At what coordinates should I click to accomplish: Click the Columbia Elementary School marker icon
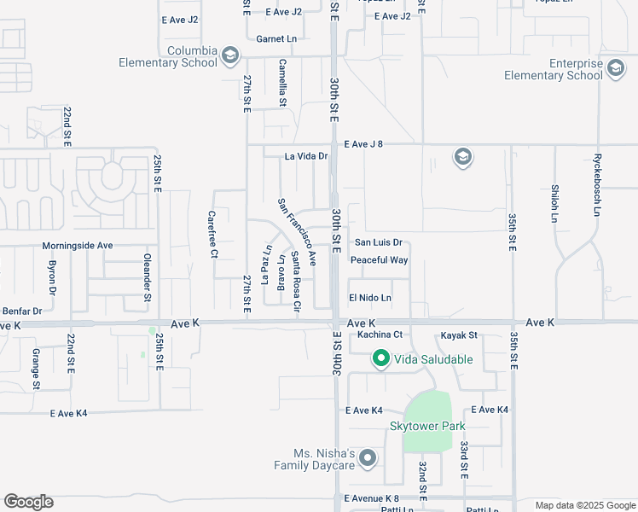click(x=229, y=56)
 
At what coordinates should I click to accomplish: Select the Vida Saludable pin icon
click(x=380, y=359)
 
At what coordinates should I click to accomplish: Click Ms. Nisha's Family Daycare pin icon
click(x=368, y=459)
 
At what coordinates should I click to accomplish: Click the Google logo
click(x=28, y=502)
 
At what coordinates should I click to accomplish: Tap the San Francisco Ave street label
click(x=297, y=231)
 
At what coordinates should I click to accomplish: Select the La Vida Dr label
click(x=306, y=156)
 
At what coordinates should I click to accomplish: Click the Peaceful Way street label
click(x=379, y=260)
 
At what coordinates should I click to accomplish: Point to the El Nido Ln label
click(x=370, y=298)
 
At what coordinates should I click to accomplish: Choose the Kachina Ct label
click(x=380, y=334)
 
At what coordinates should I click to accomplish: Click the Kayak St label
click(x=458, y=335)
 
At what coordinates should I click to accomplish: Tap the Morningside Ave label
click(x=78, y=245)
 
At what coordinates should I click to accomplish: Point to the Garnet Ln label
click(x=276, y=39)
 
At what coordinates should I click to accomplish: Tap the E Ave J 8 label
click(x=363, y=144)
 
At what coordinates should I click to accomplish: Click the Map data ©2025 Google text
click(x=585, y=505)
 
